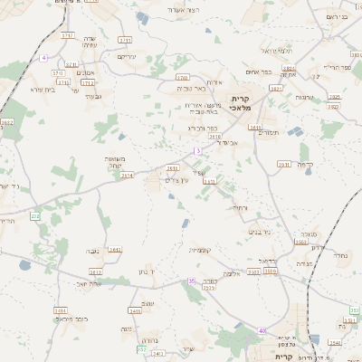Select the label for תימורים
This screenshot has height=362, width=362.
tap(268, 133)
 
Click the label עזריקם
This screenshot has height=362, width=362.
tap(126, 55)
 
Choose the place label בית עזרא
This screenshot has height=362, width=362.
tap(43, 90)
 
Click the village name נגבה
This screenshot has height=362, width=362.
tap(92, 250)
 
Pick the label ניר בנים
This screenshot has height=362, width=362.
tap(261, 231)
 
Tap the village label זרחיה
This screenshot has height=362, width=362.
tap(239, 207)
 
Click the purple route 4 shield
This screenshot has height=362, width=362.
tap(43, 58)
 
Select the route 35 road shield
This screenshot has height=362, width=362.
tap(191, 281)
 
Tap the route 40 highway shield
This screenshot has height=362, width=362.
tap(262, 331)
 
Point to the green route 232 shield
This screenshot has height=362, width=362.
tap(35, 216)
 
